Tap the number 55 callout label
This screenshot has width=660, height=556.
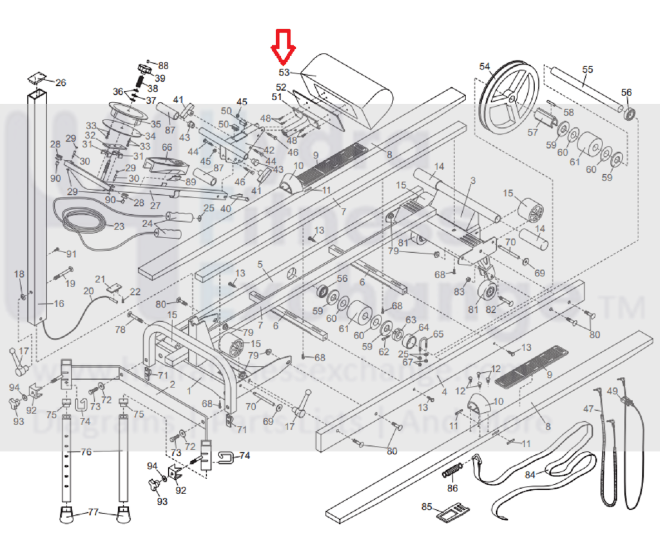[588, 70]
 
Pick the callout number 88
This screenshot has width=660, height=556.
[163, 65]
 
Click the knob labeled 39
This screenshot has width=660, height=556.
[145, 70]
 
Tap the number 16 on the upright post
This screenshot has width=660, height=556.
[59, 303]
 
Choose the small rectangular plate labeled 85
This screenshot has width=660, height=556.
[452, 511]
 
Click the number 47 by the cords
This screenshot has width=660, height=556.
[588, 409]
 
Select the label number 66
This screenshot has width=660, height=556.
[167, 147]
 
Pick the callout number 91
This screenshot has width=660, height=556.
[71, 254]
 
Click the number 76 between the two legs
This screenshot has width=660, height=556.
[86, 452]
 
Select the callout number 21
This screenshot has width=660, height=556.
[100, 279]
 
